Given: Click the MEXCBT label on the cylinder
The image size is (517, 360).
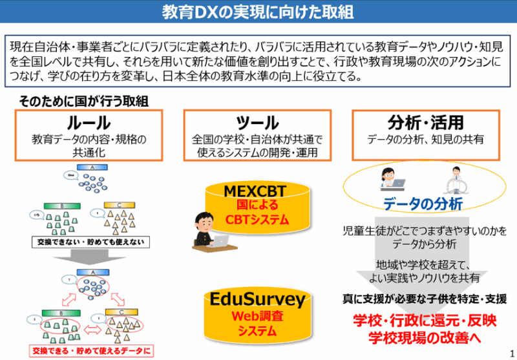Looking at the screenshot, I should tap(255, 191).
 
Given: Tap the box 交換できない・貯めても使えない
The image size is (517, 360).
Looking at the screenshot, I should tap(91, 242).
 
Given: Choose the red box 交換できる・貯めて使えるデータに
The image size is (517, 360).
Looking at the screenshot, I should tap(91, 351).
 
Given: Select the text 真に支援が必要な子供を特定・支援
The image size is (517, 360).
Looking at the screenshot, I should tap(424, 299).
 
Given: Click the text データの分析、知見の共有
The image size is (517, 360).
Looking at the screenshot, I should tap(425, 139).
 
